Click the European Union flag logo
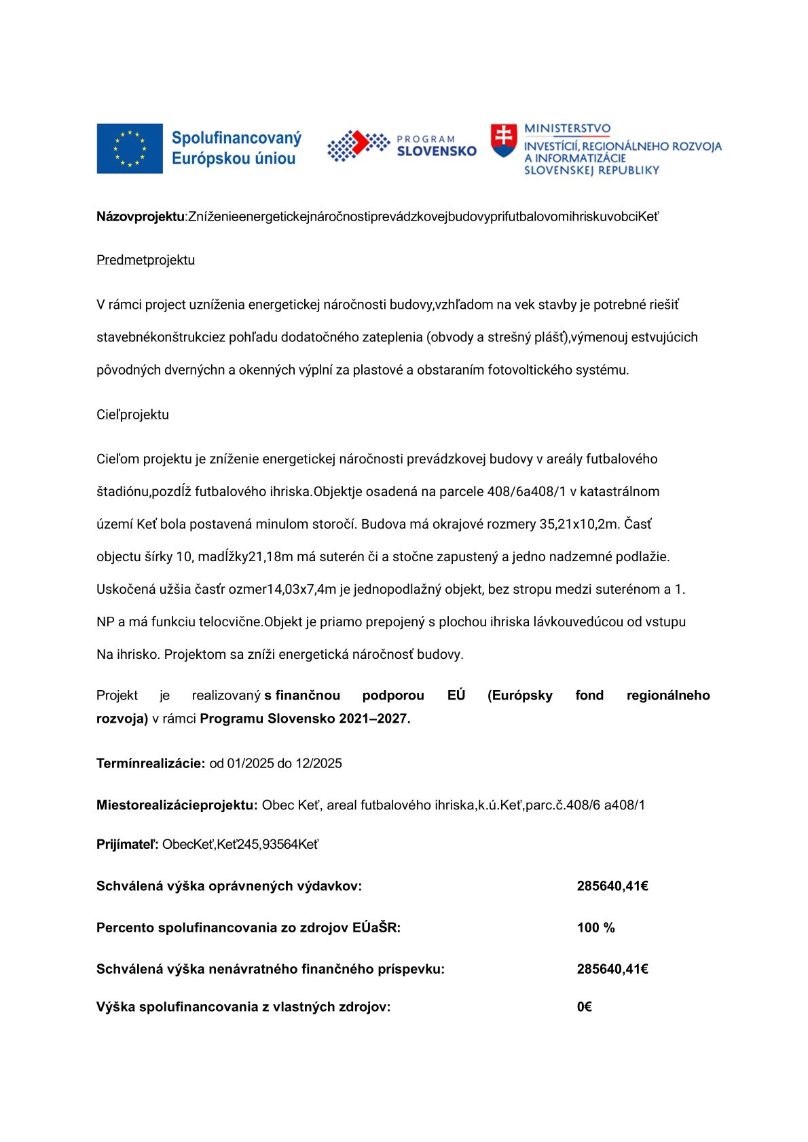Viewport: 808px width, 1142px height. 130,149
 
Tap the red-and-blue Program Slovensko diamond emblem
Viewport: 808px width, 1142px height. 358,145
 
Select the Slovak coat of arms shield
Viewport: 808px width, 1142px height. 503,140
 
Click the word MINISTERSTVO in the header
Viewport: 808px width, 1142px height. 567,129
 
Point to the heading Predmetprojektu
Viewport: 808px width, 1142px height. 145,260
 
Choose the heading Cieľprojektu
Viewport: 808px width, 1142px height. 132,415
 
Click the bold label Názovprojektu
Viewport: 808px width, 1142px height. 140,216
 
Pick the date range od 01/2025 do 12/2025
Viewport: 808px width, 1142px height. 276,763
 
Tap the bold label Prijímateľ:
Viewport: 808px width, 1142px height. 128,844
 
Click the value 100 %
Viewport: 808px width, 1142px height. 595,928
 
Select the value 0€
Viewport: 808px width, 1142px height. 584,1007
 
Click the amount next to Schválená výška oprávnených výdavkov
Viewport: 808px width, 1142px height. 612,886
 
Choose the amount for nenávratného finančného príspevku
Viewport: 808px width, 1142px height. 612,969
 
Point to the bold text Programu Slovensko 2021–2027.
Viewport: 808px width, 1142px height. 305,719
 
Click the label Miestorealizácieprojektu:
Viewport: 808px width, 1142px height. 177,805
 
